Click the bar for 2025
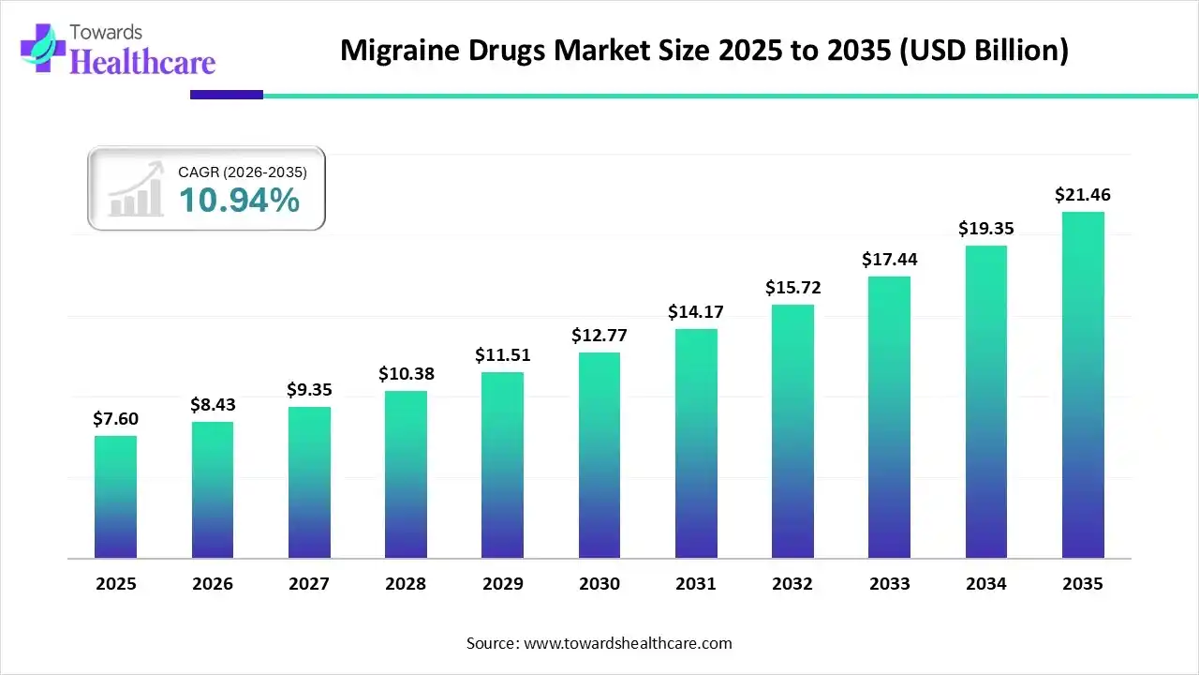pyautogui.click(x=115, y=497)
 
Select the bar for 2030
pyautogui.click(x=599, y=456)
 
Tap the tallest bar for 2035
pyautogui.click(x=1083, y=385)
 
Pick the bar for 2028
pyautogui.click(x=406, y=474)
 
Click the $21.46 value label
pyautogui.click(x=1083, y=195)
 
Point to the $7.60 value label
pyautogui.click(x=115, y=419)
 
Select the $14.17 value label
pyautogui.click(x=696, y=312)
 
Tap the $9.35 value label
pyautogui.click(x=309, y=389)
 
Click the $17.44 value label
pyautogui.click(x=890, y=260)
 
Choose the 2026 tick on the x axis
pyautogui.click(x=213, y=584)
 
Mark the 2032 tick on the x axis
pyautogui.click(x=792, y=584)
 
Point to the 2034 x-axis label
pyautogui.click(x=986, y=584)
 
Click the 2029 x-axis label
pyautogui.click(x=503, y=584)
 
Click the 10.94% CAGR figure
pyautogui.click(x=239, y=200)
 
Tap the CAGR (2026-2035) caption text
pyautogui.click(x=242, y=172)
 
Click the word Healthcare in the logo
pyautogui.click(x=142, y=62)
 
